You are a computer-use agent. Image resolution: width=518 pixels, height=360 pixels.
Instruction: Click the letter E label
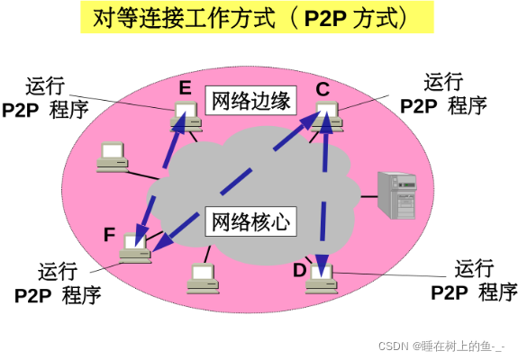[186, 87]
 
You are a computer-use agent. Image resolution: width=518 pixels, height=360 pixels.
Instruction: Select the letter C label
[323, 88]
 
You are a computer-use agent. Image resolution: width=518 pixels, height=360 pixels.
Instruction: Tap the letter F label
[109, 236]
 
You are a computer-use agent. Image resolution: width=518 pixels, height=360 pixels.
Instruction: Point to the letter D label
[300, 270]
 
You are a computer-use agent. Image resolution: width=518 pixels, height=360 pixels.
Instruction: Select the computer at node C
[324, 117]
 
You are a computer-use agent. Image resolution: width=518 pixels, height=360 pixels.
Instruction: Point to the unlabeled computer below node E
[114, 157]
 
